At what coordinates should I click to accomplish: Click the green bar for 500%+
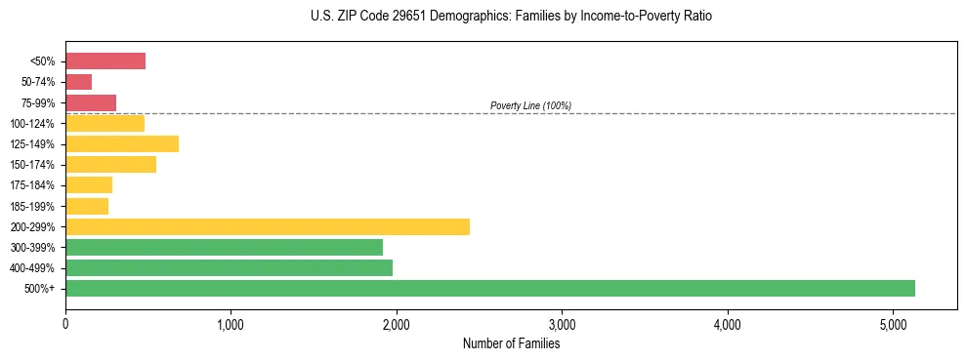[x=489, y=288]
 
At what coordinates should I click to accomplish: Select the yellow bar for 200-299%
[x=267, y=226]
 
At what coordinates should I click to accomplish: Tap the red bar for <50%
[x=105, y=61]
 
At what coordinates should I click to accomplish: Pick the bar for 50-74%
[x=78, y=82]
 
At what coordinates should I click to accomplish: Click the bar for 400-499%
[x=229, y=267]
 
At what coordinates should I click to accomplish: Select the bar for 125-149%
[x=122, y=143]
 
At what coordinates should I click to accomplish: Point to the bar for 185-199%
[x=87, y=206]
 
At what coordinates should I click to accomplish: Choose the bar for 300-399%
[x=224, y=247]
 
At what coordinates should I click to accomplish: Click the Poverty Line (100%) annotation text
[x=530, y=105]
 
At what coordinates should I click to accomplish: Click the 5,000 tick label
[x=893, y=324]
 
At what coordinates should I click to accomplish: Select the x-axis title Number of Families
[x=511, y=343]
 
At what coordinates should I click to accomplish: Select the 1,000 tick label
[x=231, y=324]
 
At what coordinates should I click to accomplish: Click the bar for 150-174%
[x=110, y=164]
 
